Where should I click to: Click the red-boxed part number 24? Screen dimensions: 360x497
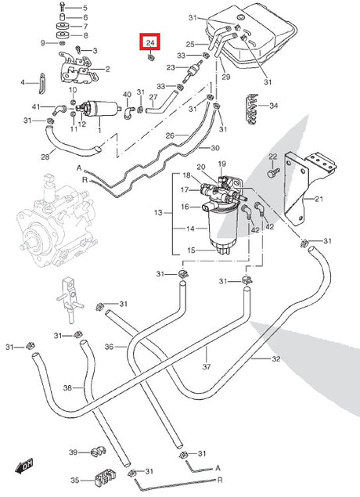(150, 42)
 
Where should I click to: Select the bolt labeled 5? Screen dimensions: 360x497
(62, 7)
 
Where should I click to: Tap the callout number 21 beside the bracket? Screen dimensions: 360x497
(319, 199)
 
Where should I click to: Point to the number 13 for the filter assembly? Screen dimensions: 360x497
(158, 213)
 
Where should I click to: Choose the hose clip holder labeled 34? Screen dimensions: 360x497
(252, 109)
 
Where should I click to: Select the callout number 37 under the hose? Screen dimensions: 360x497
(207, 367)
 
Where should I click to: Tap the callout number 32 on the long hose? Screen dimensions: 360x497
(276, 358)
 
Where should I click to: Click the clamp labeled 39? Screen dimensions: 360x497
(98, 452)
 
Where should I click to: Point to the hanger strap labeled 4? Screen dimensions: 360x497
(42, 84)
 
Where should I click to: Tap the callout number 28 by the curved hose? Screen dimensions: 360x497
(45, 157)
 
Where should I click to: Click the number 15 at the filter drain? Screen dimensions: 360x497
(191, 250)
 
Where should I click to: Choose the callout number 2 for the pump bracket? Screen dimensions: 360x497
(107, 69)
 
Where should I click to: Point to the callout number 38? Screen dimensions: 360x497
(67, 387)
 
